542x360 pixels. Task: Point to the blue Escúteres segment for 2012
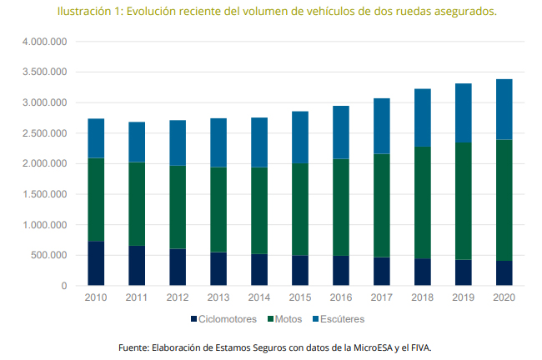click(178, 142)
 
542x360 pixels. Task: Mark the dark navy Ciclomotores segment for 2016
click(341, 271)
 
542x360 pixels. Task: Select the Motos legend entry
click(287, 319)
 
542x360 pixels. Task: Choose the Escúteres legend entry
click(339, 319)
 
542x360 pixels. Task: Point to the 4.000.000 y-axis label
click(42, 42)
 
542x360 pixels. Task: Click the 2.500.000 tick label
click(42, 133)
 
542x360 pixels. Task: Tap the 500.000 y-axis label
click(47, 256)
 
